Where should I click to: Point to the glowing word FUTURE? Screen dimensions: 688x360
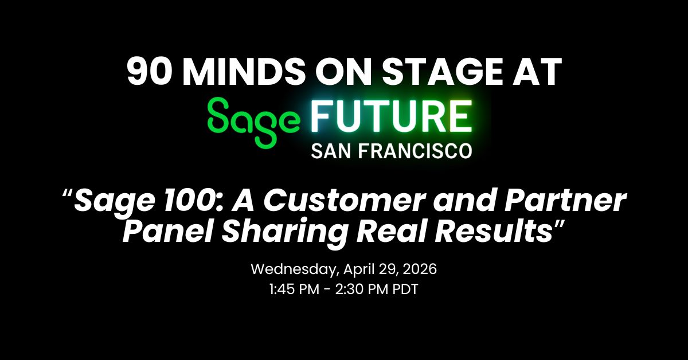click(391, 117)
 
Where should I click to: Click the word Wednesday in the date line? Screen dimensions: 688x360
click(295, 269)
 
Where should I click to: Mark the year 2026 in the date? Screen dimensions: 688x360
click(420, 269)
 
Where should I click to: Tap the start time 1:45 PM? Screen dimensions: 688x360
click(294, 289)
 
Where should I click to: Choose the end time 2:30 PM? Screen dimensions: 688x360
click(362, 289)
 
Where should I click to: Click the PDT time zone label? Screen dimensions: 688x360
click(405, 289)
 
